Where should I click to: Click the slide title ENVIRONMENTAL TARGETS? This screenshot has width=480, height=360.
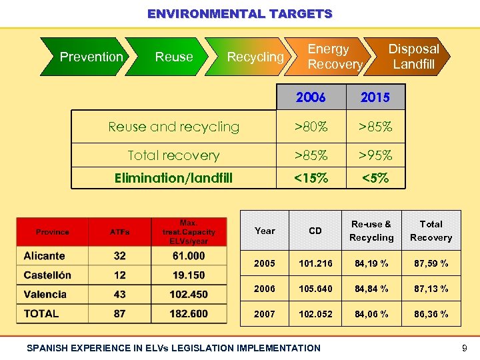pyautogui.click(x=239, y=13)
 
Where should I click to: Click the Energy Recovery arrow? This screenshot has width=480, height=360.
pyautogui.click(x=333, y=57)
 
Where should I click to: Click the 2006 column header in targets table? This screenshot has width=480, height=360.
pyautogui.click(x=311, y=97)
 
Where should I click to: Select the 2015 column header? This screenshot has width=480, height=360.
pyautogui.click(x=375, y=97)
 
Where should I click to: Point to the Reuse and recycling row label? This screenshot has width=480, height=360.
pyautogui.click(x=174, y=127)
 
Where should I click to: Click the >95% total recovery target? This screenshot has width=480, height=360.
pyautogui.click(x=375, y=155)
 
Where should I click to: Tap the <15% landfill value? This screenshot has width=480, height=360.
pyautogui.click(x=311, y=178)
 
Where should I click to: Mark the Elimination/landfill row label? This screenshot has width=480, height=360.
pyautogui.click(x=173, y=178)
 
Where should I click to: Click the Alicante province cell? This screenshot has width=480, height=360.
pyautogui.click(x=45, y=256)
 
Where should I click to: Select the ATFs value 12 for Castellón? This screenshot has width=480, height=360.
pyautogui.click(x=120, y=275)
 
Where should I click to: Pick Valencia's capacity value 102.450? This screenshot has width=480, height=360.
pyautogui.click(x=189, y=295)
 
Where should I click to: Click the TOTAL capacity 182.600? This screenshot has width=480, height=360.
pyautogui.click(x=189, y=313)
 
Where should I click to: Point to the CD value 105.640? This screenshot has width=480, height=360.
pyautogui.click(x=315, y=289)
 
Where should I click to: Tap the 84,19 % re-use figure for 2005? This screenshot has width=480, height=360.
pyautogui.click(x=371, y=263)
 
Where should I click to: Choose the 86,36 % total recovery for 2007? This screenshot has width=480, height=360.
pyautogui.click(x=431, y=314)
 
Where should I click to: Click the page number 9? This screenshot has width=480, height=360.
pyautogui.click(x=464, y=347)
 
